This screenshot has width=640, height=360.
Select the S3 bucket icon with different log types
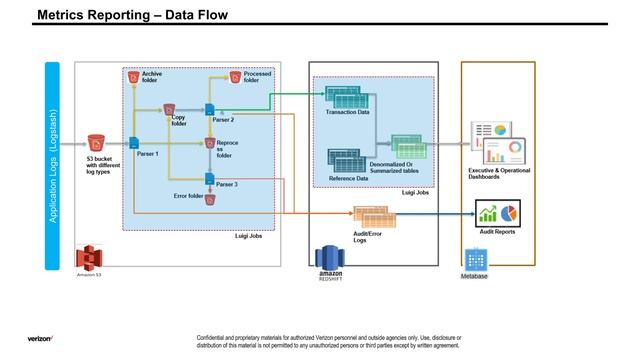point(96,142)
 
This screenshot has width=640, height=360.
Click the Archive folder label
point(152,78)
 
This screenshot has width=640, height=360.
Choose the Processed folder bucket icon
point(236,76)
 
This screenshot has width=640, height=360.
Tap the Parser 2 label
point(224,119)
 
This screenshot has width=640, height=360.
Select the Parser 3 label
point(226,185)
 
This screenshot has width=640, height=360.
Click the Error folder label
point(186,197)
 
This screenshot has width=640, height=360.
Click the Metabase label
point(474,276)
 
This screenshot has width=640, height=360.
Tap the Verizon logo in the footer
point(41,338)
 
